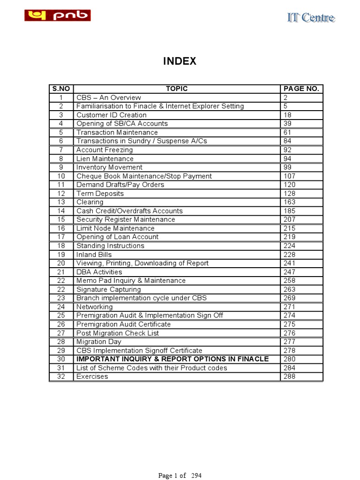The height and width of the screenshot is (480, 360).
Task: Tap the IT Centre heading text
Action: tap(311, 18)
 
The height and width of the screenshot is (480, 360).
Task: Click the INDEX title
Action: tap(180, 61)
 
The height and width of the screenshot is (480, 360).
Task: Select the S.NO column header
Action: tap(61, 89)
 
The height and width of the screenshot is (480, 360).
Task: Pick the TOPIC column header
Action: tap(177, 89)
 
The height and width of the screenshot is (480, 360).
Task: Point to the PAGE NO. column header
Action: tap(301, 89)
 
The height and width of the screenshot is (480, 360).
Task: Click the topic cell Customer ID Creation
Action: tap(112, 115)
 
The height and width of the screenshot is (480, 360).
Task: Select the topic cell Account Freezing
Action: tap(105, 150)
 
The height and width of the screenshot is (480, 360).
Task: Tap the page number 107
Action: tap(289, 176)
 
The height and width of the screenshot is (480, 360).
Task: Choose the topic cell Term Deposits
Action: tap(100, 194)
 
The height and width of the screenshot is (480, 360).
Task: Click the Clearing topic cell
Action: tap(90, 202)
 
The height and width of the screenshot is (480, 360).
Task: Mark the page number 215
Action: tap(289, 228)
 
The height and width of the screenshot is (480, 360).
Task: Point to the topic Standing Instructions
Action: tap(111, 246)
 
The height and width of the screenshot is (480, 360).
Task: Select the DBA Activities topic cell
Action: tap(99, 272)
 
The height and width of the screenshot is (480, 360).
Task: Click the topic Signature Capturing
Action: tap(109, 289)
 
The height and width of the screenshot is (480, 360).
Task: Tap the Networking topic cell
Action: tap(95, 307)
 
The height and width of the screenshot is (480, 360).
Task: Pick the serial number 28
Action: tap(61, 342)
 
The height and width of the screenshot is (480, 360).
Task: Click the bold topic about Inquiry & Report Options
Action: tap(172, 359)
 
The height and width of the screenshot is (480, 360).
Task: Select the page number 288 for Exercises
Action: tap(289, 376)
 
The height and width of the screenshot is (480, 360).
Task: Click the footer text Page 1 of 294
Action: tap(180, 475)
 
